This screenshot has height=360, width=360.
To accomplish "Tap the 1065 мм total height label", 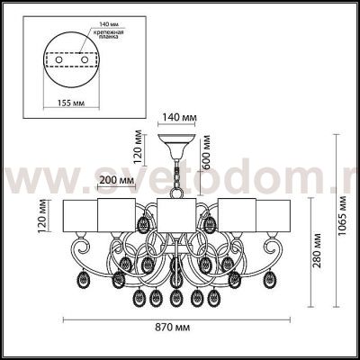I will click(345, 229).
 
